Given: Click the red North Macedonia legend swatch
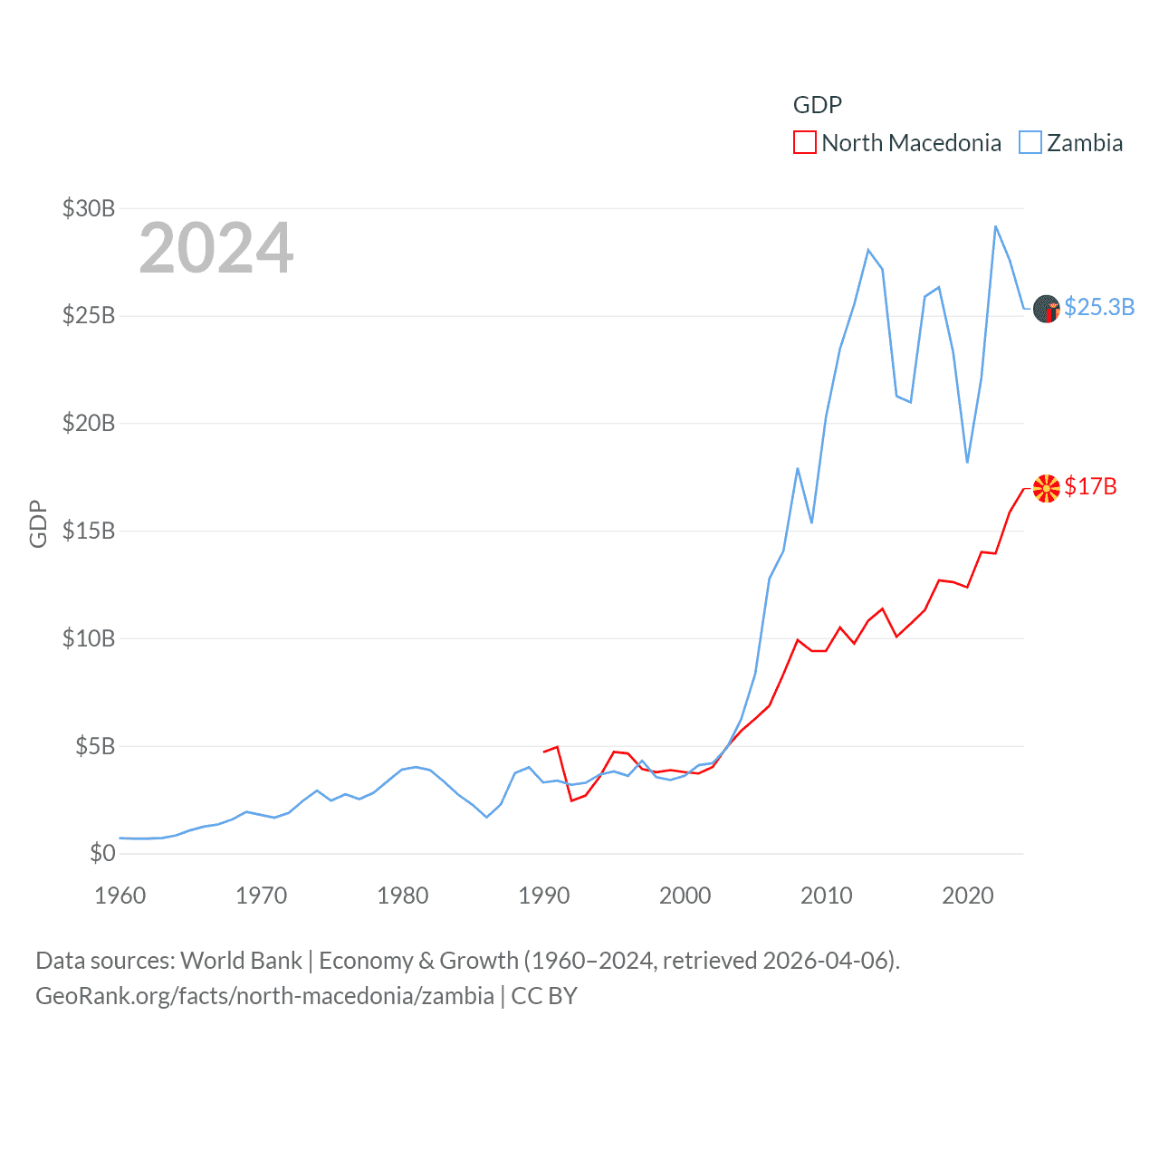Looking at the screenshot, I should click(x=804, y=143).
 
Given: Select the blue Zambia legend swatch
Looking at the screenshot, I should click(x=1030, y=143).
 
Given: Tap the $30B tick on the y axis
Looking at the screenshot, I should click(x=89, y=208).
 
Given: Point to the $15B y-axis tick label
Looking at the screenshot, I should click(x=89, y=531).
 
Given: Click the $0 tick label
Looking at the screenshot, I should click(x=102, y=853).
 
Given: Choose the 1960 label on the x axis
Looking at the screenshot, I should click(x=120, y=896).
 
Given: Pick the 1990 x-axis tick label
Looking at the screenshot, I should click(x=544, y=896).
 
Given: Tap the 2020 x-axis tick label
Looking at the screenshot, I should click(x=968, y=896).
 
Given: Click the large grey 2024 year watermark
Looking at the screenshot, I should click(x=216, y=248).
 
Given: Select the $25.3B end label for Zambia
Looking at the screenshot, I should click(x=1099, y=307).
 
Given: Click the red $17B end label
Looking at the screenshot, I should click(x=1090, y=486).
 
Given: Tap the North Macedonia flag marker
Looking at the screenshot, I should click(x=1046, y=488).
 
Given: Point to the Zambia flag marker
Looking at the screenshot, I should click(x=1046, y=309).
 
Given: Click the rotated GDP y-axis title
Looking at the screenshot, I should click(x=38, y=523).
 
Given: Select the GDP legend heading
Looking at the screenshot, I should click(x=818, y=105).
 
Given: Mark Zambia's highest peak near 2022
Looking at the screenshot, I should click(x=995, y=226).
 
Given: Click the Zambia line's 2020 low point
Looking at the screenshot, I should click(x=967, y=462).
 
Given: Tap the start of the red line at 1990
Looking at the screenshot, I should click(x=544, y=752).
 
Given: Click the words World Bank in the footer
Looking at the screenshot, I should click(x=242, y=960).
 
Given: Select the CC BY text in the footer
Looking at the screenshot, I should click(x=544, y=996).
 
